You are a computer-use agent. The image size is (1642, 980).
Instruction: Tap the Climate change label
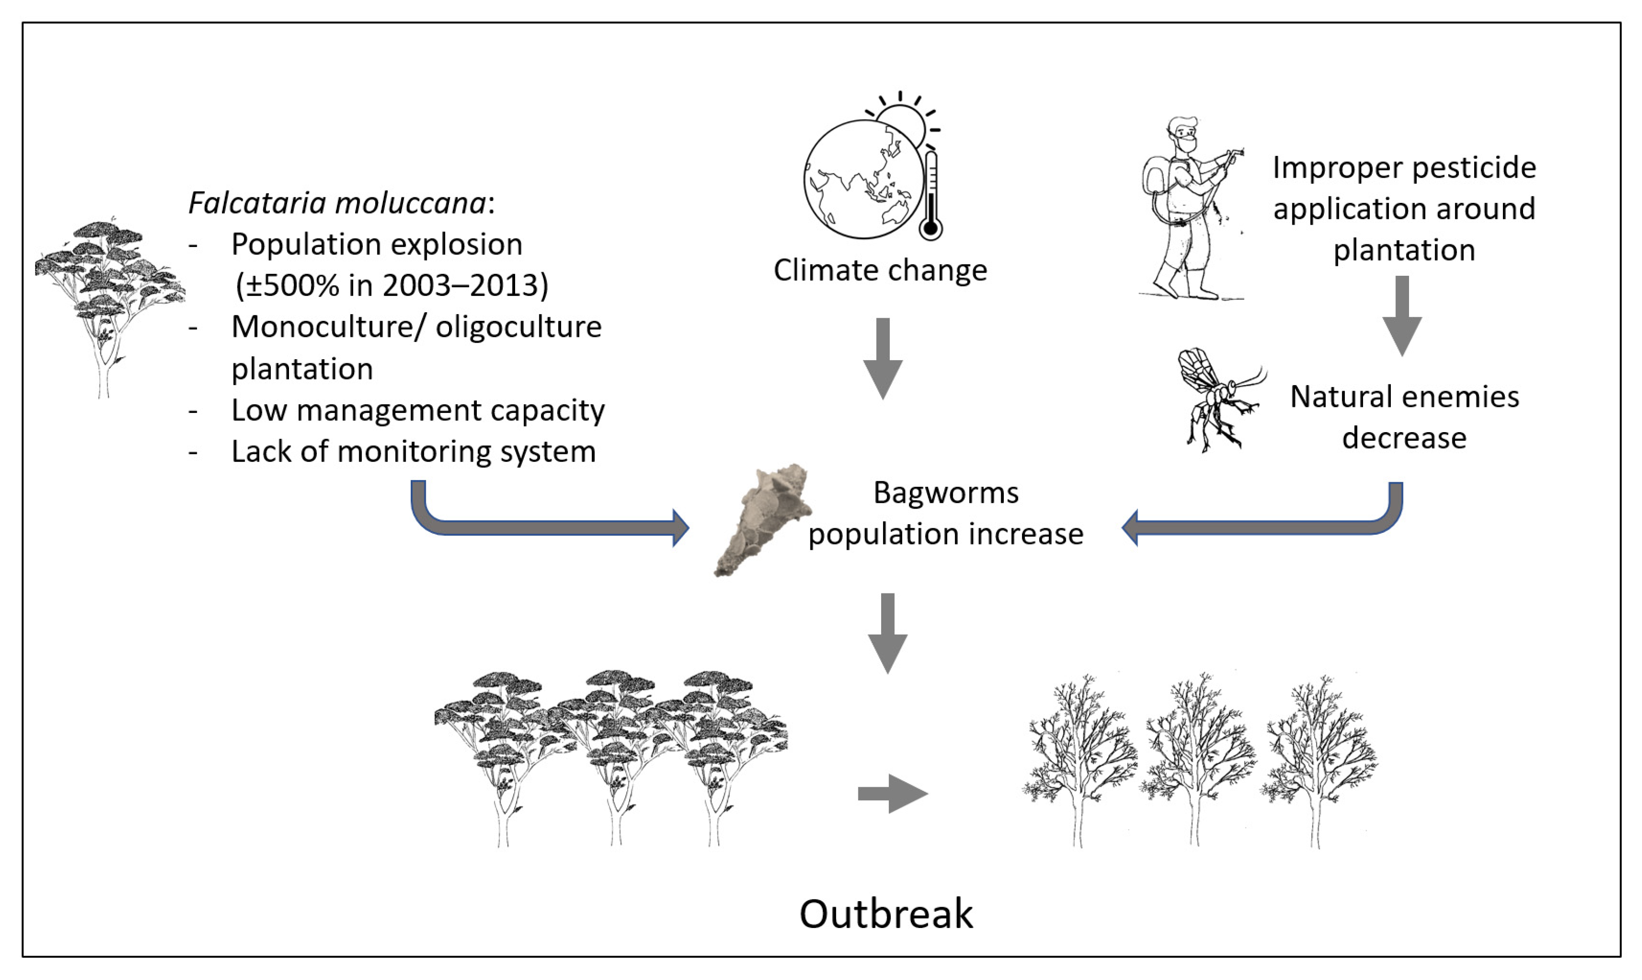click(x=880, y=271)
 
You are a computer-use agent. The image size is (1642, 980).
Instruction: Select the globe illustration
click(x=862, y=180)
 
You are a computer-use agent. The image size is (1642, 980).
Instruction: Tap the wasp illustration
click(x=1221, y=400)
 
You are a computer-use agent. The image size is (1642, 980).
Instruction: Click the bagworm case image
click(x=763, y=521)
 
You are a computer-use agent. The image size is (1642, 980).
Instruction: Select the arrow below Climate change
click(x=883, y=359)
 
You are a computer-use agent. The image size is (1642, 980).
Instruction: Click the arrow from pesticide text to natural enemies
click(x=1402, y=316)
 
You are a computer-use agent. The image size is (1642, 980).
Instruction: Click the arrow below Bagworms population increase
click(x=888, y=633)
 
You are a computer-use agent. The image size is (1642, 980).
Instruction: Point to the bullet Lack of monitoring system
click(x=413, y=452)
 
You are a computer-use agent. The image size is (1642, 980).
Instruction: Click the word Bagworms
click(x=946, y=493)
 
